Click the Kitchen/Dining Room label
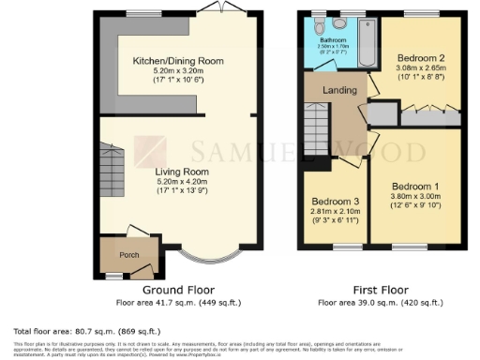(178, 60)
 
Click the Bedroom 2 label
(419, 56)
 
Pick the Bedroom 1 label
(414, 186)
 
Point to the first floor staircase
(318, 130)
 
